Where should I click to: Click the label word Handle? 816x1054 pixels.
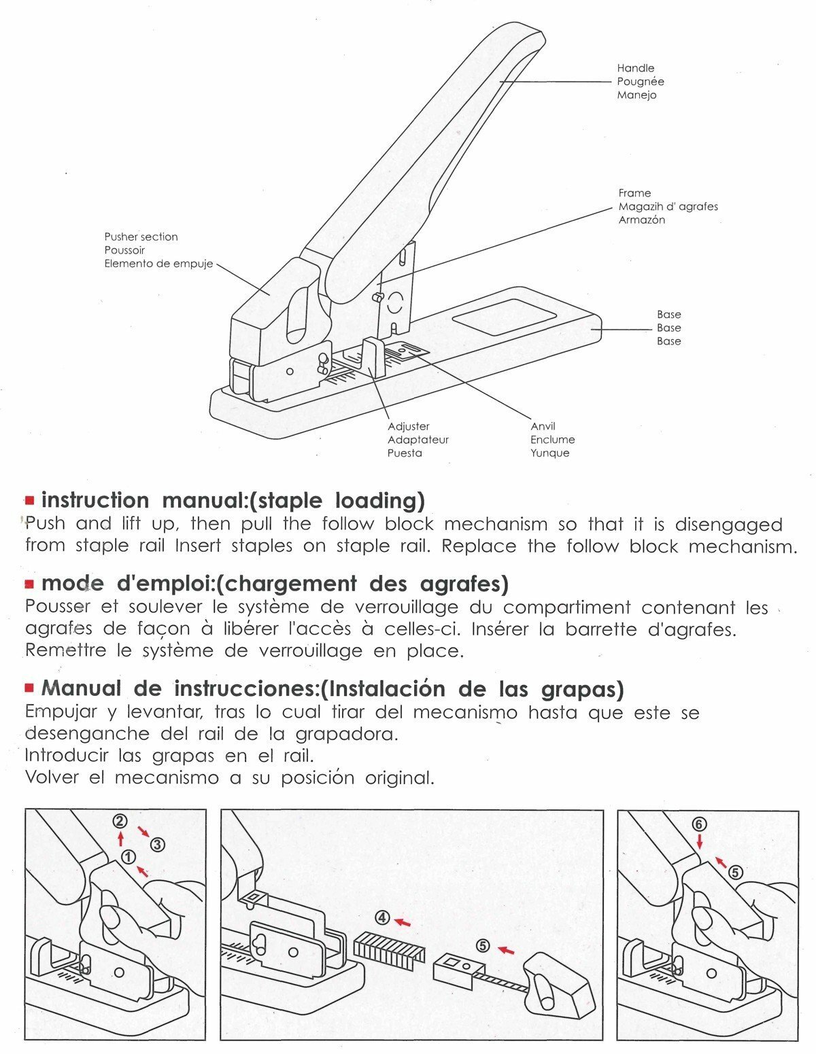pos(635,68)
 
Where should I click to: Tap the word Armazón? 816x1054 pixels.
pos(641,219)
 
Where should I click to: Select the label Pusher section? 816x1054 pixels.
pos(141,236)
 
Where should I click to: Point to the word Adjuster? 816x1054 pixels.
pos(408,426)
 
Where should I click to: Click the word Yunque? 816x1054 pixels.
pos(549,453)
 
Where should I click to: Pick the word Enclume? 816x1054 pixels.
pos(552,440)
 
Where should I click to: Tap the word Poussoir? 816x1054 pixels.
pos(124,250)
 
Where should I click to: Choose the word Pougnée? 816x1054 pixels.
pos(640,82)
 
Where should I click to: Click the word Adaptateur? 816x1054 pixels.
pos(418,440)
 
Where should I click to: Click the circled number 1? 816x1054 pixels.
pos(129,856)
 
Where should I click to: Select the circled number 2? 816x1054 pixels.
pos(120,821)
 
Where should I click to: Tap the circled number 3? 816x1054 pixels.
pos(157,845)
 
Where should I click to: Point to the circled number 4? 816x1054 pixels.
pos(382,918)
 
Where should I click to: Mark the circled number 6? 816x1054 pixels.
pos(699,824)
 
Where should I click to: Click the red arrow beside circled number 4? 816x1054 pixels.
pos(403,922)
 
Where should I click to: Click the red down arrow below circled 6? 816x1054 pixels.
pos(699,841)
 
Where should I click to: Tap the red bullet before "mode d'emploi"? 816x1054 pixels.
pos(29,584)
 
